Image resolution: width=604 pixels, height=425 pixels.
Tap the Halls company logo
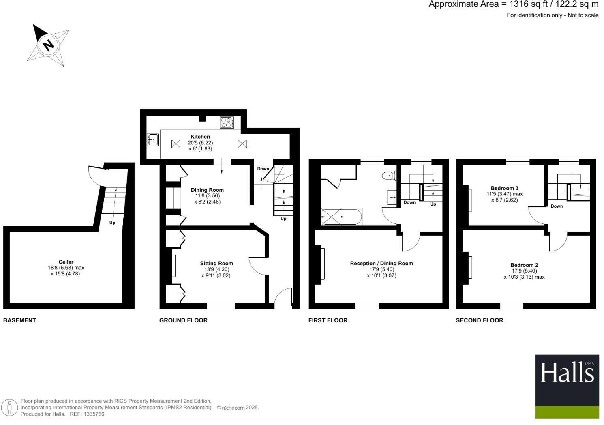coord(567,386)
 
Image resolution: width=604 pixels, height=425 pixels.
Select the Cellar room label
coord(66,262)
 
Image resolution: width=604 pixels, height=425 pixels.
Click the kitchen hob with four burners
coord(227,122)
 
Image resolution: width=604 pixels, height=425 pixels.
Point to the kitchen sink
coord(153,140)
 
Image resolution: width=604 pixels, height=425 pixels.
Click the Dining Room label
coord(207,190)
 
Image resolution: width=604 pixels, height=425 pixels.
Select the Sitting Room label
coord(216,263)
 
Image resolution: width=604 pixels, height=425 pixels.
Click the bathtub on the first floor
coord(342,217)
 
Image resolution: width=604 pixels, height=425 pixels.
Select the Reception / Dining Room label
coord(381,263)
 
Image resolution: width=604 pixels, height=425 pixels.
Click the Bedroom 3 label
coord(504,188)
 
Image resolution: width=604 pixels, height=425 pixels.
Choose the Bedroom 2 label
coord(524,265)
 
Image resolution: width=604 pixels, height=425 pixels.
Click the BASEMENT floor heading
coord(19,320)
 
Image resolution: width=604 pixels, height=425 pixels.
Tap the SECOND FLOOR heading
coord(480,320)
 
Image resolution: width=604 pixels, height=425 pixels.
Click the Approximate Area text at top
coord(513,4)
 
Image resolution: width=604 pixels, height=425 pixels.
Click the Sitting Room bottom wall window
coord(221,305)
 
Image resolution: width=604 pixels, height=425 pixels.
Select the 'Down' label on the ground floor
coord(263,169)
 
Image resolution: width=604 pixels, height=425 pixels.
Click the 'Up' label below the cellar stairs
coord(112,223)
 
